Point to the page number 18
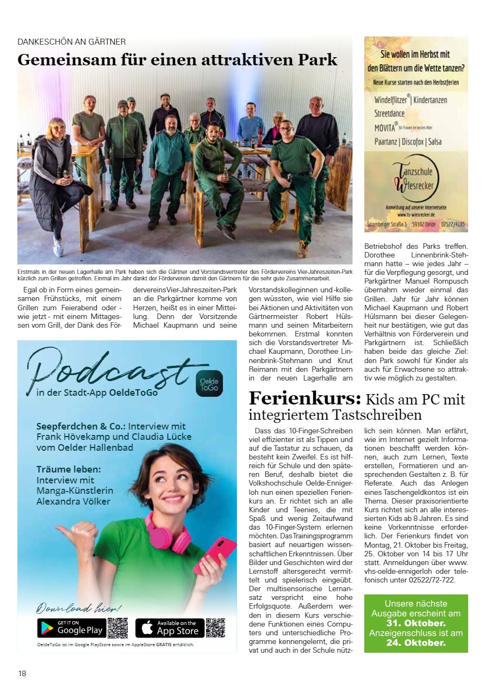22,673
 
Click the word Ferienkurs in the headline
304,398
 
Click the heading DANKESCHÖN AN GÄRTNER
72,41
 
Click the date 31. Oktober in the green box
416,623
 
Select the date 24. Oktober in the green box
416,642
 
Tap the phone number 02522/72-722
425,580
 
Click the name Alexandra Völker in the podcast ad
73,501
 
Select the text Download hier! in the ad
79,608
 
